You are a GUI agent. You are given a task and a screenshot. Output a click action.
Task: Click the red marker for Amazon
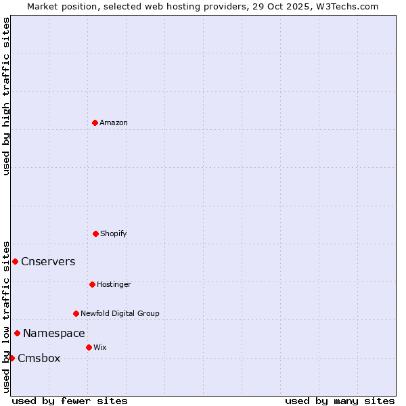(x=95, y=122)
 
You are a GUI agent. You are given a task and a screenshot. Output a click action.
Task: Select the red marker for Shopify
(x=95, y=233)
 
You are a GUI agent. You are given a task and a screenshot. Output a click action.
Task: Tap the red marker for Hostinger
(x=92, y=284)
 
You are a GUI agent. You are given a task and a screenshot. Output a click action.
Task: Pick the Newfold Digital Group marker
(x=76, y=313)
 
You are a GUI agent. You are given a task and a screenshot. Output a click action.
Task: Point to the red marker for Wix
(x=89, y=347)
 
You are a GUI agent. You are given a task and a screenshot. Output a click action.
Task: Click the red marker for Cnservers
(x=15, y=261)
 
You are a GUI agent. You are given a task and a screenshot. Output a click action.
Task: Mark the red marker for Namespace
(x=17, y=333)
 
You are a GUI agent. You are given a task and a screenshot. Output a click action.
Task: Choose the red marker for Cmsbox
(x=12, y=358)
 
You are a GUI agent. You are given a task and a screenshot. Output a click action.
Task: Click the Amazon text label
(x=114, y=122)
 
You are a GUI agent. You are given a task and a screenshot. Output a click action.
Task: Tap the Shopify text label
(x=114, y=233)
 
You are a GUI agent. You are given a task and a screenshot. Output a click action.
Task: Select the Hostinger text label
(x=114, y=284)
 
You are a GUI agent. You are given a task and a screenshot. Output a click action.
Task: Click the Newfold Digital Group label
(x=120, y=313)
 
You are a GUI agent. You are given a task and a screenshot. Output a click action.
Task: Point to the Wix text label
(x=100, y=347)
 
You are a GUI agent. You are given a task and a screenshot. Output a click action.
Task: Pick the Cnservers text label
(x=48, y=262)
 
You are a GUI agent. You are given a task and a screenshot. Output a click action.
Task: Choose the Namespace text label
(x=54, y=334)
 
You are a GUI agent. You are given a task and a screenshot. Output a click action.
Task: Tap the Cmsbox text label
(x=39, y=359)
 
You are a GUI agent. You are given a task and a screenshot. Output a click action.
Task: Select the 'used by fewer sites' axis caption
(x=70, y=401)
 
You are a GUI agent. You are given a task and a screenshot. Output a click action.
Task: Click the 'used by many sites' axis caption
(x=340, y=401)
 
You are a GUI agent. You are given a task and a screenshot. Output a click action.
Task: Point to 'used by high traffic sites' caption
(x=6, y=96)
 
